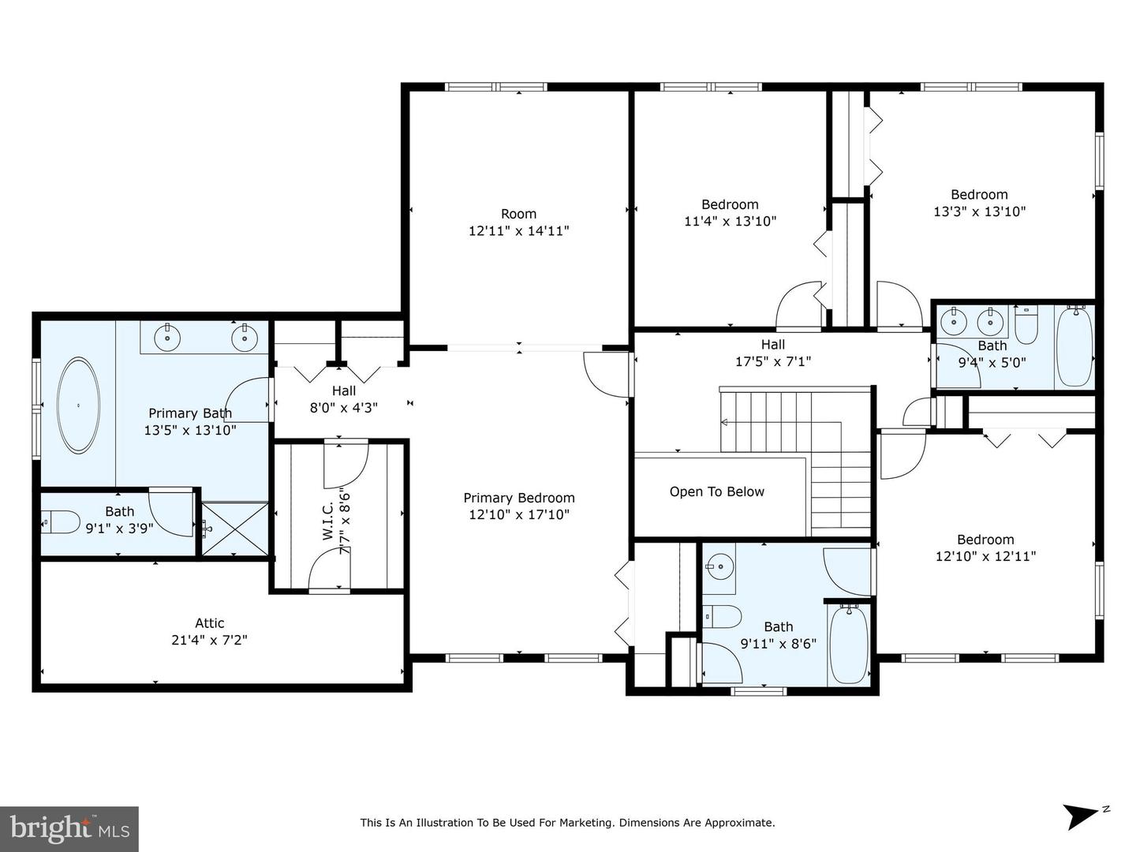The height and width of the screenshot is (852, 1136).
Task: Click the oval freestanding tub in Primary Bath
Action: pos(78,405)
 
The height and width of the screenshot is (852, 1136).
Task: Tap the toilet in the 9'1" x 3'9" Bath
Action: pos(61,522)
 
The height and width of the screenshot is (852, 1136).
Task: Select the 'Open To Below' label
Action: pos(717,491)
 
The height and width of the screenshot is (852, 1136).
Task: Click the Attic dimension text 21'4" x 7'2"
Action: pos(209,640)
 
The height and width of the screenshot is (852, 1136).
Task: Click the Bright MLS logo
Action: pos(69,829)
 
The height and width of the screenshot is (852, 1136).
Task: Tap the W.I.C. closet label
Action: pos(327,525)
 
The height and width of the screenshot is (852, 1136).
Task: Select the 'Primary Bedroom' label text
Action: pos(518,498)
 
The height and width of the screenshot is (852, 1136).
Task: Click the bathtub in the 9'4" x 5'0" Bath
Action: pos(1074,346)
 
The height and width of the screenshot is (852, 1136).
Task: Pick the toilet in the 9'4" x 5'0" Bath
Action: pos(1026,325)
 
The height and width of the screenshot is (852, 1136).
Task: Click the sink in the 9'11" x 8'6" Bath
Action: pos(719,567)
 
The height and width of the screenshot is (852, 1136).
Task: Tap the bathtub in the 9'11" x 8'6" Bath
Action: pos(849,644)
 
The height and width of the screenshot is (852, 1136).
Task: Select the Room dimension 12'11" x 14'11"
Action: pos(518,230)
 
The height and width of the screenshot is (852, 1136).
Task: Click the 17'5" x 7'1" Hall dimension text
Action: pos(772,361)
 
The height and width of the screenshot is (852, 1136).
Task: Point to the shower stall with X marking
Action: pos(234,529)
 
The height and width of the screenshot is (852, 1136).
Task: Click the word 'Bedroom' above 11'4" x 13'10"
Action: pos(730,204)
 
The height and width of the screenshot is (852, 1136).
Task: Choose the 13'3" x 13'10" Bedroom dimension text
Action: pos(980,211)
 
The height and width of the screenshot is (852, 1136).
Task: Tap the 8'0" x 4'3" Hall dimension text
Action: pos(344,408)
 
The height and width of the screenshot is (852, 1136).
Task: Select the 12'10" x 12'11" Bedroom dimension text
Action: pos(985,556)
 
